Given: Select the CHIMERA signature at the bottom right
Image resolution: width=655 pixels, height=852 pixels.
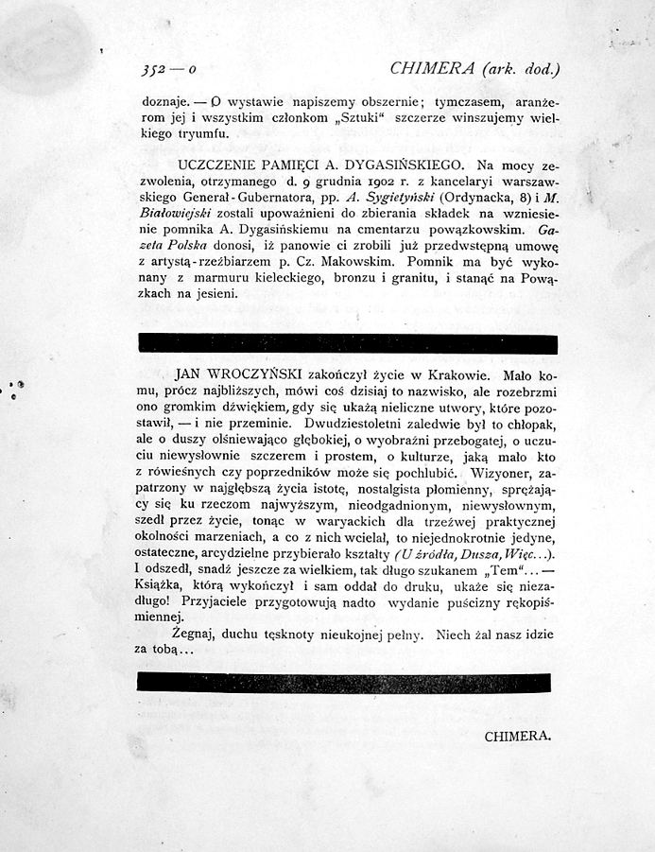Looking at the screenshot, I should pyautogui.click(x=517, y=735).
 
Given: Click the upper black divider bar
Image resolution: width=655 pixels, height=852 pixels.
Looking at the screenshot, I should pyautogui.click(x=347, y=343).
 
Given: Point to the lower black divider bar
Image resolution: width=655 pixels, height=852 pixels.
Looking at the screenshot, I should pyautogui.click(x=347, y=683).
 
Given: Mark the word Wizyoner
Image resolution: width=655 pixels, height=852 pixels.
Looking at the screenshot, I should pyautogui.click(x=494, y=471).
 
